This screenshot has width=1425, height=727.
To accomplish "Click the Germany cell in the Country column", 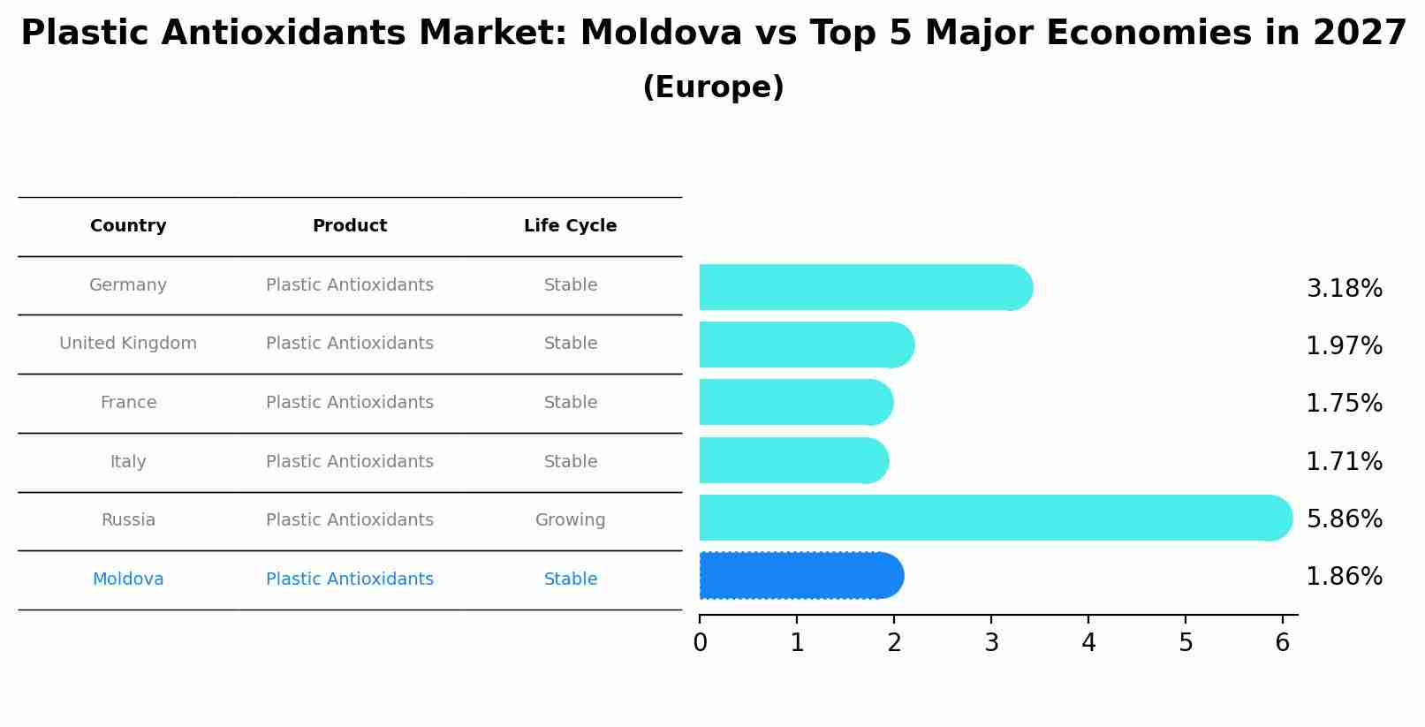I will [128, 285].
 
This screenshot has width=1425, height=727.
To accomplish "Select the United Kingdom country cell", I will [128, 344].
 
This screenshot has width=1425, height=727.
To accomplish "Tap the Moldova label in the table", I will [128, 579].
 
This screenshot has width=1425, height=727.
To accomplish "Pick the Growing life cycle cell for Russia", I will [570, 520].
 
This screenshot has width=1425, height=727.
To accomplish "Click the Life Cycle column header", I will [570, 226].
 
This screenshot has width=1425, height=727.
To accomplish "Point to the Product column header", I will [350, 226].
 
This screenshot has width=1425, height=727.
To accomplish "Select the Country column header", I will [128, 226].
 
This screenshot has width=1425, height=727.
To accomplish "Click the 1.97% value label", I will [1344, 346].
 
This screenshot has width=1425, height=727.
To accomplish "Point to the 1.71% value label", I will [1344, 462].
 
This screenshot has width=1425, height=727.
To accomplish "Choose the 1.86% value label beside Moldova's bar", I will [1344, 577].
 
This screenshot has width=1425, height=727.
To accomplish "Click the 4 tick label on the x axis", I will [1088, 643].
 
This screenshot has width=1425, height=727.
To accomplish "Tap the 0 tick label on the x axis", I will [700, 643].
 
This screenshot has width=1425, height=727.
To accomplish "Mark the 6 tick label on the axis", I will [1283, 643].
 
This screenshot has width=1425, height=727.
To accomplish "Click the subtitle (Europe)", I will [713, 87].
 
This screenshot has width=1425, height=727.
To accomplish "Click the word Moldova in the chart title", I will [661, 34].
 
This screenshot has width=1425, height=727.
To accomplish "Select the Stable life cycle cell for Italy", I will [570, 462].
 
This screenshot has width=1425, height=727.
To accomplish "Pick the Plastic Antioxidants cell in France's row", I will [350, 403].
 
